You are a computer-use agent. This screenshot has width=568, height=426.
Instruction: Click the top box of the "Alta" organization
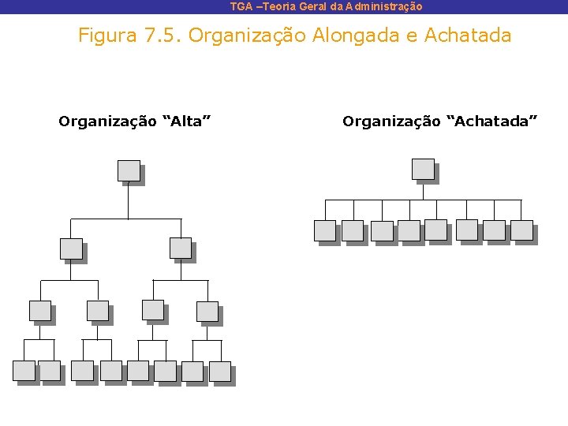point(128,171)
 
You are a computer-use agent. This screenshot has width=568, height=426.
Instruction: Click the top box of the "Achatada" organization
point(423,169)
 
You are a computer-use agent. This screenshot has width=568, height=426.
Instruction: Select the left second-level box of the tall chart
point(71,248)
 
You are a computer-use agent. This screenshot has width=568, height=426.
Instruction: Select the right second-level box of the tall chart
point(181,248)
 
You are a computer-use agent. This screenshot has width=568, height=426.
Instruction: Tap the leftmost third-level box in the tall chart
point(39,311)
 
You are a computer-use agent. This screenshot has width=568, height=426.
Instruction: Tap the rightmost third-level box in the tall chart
point(207,311)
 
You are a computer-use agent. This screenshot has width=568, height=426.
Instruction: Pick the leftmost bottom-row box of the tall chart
point(24,371)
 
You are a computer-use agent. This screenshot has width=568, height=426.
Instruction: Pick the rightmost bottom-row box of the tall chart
point(220,371)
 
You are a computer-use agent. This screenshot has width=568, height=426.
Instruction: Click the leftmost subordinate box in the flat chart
point(324,230)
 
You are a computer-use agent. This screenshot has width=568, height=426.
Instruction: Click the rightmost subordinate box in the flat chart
point(521,230)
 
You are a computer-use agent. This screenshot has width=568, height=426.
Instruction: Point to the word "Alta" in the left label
point(186,121)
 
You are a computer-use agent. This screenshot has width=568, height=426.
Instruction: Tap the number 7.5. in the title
point(163,35)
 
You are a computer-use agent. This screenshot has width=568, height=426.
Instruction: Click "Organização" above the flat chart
point(390,121)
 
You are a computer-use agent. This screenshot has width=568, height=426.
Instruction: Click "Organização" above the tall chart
point(106,121)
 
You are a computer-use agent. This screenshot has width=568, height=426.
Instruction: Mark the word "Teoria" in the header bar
point(276,6)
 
